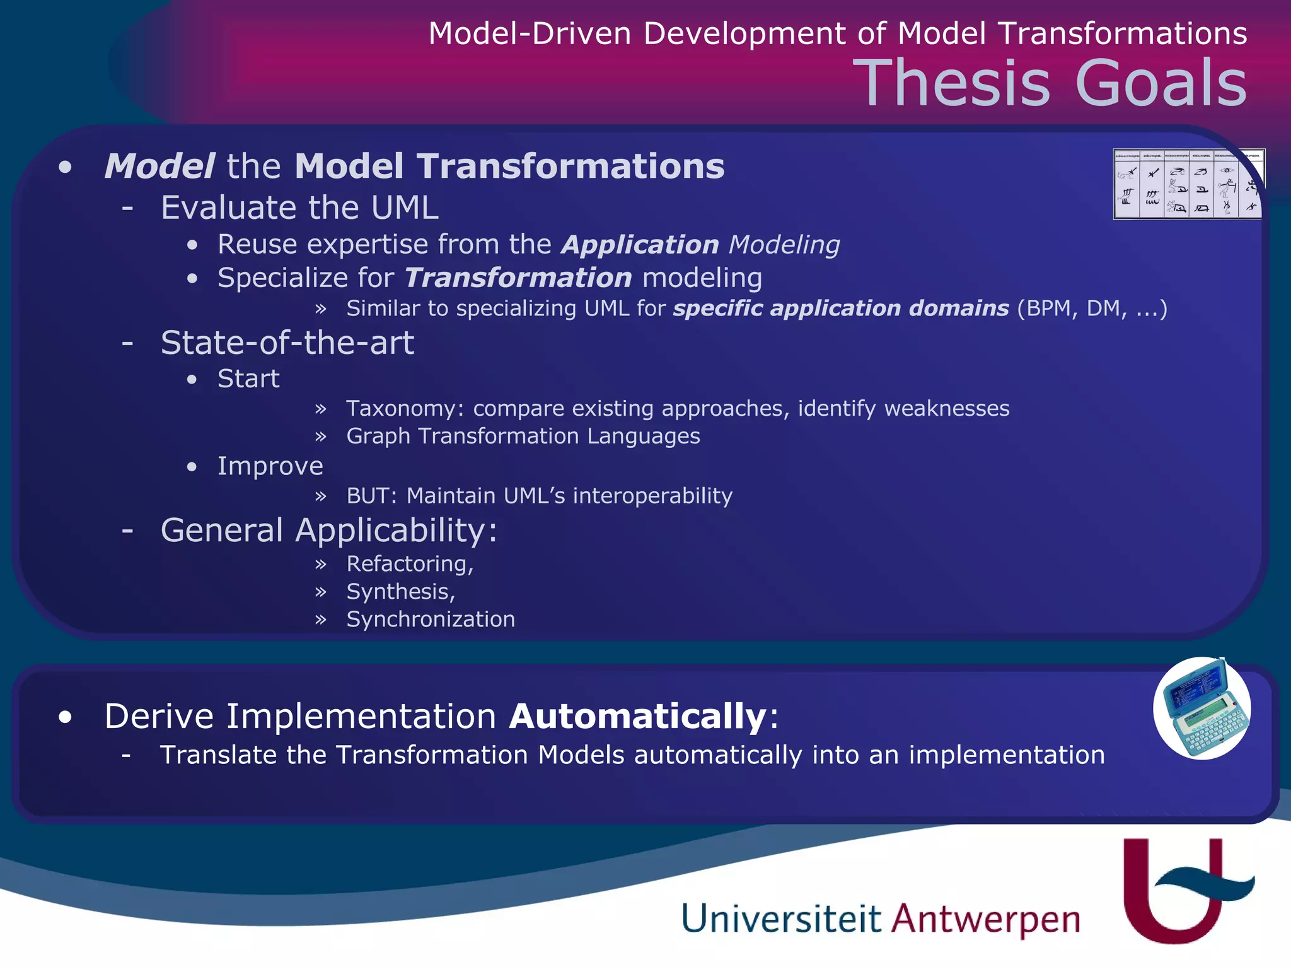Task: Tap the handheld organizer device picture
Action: point(1202,708)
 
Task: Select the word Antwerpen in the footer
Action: point(985,920)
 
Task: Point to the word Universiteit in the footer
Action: point(780,919)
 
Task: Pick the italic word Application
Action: point(639,245)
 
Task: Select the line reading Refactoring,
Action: point(410,564)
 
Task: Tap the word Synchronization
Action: point(431,620)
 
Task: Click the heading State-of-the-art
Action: point(287,343)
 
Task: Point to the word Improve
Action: point(270,466)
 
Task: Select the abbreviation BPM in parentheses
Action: point(1046,308)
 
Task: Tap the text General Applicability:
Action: point(328,530)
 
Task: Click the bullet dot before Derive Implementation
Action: point(65,717)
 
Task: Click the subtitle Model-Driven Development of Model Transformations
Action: point(837,33)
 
